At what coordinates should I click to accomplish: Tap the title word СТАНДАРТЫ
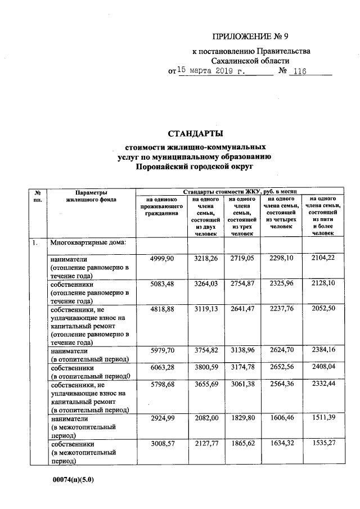tap(195, 134)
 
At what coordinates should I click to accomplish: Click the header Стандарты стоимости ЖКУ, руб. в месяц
tap(243, 192)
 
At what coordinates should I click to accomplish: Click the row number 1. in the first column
tap(35, 243)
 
